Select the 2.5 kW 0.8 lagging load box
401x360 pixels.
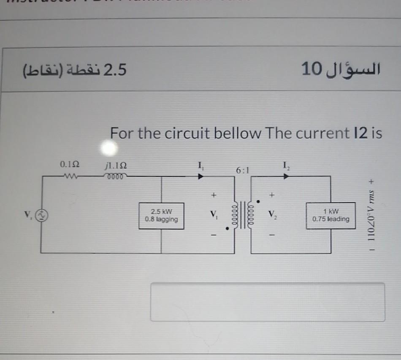pyautogui.click(x=161, y=215)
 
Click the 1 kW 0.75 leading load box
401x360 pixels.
pyautogui.click(x=331, y=215)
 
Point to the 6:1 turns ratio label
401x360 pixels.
pyautogui.click(x=243, y=171)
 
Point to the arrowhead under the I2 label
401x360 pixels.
pyautogui.click(x=287, y=177)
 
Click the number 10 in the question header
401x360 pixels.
pyautogui.click(x=312, y=69)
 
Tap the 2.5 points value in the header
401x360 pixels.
pyautogui.click(x=115, y=69)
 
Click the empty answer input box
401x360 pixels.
pyautogui.click(x=268, y=302)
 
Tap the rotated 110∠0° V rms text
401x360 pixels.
pyautogui.click(x=371, y=215)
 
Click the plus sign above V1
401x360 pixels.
pyautogui.click(x=214, y=196)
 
